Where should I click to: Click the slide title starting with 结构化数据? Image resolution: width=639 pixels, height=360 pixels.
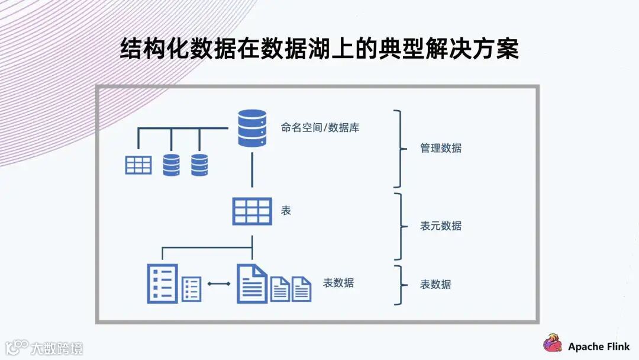pyautogui.click(x=319, y=49)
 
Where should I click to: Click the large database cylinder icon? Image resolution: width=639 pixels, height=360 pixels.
pyautogui.click(x=252, y=128)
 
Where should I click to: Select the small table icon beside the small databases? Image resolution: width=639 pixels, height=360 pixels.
pyautogui.click(x=138, y=165)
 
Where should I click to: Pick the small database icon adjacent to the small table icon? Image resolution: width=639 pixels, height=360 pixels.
pyautogui.click(x=171, y=165)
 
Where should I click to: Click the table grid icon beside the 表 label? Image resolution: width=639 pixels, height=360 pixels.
pyautogui.click(x=252, y=211)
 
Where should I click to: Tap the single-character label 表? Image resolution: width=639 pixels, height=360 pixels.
pyautogui.click(x=286, y=210)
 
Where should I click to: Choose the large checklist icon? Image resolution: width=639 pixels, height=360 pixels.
pyautogui.click(x=162, y=283)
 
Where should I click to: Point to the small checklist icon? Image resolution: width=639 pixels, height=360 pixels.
pyautogui.click(x=191, y=289)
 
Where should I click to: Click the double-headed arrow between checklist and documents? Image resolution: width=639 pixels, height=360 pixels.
pyautogui.click(x=219, y=284)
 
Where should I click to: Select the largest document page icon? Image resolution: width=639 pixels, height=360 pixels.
pyautogui.click(x=251, y=283)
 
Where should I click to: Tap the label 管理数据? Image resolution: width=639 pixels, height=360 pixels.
pyautogui.click(x=441, y=148)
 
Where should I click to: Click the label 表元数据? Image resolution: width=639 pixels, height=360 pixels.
pyautogui.click(x=441, y=226)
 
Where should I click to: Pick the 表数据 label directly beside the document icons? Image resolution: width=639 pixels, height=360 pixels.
pyautogui.click(x=338, y=283)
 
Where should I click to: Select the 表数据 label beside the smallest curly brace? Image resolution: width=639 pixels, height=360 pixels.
pyautogui.click(x=435, y=284)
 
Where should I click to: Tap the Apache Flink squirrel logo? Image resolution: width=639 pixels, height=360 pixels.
pyautogui.click(x=553, y=342)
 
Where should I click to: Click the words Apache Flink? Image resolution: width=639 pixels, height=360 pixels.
pyautogui.click(x=599, y=346)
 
